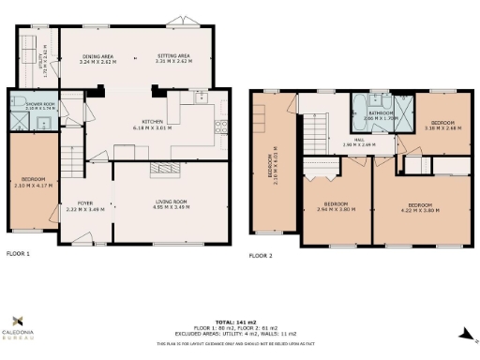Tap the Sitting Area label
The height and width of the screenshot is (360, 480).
tap(174, 58)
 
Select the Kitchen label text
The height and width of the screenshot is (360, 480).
tap(155, 125)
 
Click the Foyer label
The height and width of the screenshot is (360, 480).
tap(84, 203)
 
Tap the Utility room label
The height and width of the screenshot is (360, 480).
tap(40, 62)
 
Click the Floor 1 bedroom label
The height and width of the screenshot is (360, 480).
tap(32, 186)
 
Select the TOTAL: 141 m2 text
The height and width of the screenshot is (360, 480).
tap(238, 321)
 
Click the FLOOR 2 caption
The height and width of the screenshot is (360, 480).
tap(262, 254)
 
